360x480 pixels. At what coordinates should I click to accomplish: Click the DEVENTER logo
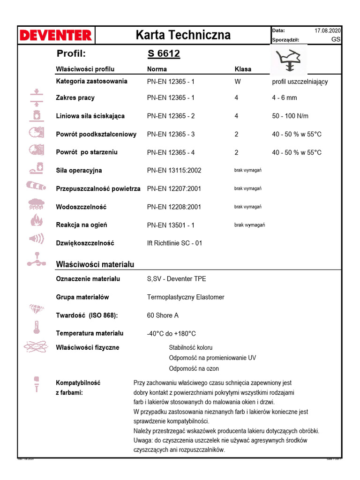[55, 35]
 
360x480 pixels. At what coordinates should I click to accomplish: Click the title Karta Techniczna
[183, 35]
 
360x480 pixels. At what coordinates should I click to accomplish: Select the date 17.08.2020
[328, 30]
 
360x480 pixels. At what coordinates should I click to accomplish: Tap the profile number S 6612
[164, 54]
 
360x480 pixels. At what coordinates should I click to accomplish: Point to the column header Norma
[157, 69]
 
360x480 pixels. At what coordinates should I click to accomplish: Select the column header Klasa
[243, 69]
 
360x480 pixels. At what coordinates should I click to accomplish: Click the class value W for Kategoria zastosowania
[237, 81]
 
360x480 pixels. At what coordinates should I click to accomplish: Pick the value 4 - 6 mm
[285, 97]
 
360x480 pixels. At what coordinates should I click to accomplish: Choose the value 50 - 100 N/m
[290, 116]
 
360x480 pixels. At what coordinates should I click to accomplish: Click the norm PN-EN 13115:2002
[174, 170]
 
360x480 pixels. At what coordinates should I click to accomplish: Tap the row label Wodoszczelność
[81, 207]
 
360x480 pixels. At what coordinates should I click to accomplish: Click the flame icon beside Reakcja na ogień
[36, 220]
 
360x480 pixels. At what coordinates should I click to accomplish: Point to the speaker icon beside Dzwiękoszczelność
[36, 239]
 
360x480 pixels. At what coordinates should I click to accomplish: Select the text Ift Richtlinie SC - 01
[175, 243]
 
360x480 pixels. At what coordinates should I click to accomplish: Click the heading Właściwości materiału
[95, 264]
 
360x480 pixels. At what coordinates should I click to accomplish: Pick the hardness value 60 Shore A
[163, 315]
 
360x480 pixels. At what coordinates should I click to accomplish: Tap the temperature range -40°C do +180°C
[171, 333]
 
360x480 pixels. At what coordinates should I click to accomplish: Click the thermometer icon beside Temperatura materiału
[36, 327]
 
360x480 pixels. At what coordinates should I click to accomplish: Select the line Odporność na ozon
[194, 368]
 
